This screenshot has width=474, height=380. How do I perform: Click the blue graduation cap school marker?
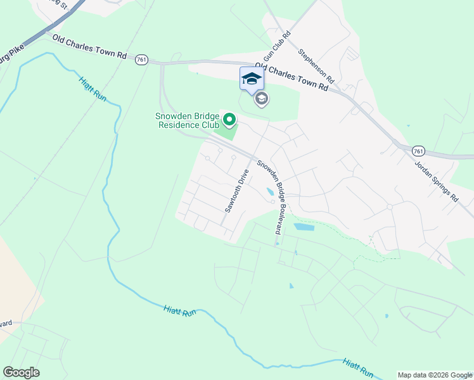252,79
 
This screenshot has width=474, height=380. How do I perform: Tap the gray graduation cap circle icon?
261,99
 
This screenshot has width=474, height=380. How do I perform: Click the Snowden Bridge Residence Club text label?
188,120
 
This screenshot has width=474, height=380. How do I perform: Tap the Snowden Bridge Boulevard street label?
272,197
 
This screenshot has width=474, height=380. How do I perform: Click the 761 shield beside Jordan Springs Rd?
418,151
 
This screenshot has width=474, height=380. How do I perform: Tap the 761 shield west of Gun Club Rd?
141,60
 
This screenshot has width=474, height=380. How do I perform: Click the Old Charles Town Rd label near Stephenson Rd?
291,77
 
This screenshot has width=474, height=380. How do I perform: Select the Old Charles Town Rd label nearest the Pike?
89,47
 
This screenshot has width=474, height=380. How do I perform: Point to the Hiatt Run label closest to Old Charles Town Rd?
93,87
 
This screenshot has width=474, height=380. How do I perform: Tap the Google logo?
21,372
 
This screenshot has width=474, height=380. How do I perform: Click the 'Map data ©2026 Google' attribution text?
434,375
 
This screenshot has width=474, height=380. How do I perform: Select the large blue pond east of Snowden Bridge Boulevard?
304,227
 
